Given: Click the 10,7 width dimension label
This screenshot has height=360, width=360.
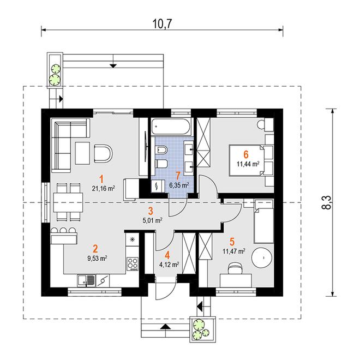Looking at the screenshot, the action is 162,24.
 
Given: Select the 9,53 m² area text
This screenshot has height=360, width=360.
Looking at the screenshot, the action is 97,259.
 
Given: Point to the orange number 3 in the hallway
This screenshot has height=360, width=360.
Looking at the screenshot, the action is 151,211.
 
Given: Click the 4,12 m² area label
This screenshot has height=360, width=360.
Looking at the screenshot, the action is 169,265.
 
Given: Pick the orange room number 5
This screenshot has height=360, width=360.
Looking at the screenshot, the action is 232,242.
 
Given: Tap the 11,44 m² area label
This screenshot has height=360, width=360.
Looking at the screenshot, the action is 248,164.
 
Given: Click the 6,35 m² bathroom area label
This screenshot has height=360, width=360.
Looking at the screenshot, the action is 179,185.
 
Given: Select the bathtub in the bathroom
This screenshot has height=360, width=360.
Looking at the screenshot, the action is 170,127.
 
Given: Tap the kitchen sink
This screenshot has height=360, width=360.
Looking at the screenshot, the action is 86,281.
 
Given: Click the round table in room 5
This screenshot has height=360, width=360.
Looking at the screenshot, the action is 262,257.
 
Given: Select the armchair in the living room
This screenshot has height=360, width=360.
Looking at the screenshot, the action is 103,153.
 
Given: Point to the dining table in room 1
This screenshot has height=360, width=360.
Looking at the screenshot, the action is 68,202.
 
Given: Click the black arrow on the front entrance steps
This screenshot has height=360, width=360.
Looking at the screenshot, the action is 165,327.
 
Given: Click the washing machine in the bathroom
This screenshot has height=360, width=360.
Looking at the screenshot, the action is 158,186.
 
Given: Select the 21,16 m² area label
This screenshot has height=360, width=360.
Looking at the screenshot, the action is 104,189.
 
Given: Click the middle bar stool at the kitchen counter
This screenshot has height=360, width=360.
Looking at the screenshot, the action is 63,230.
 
